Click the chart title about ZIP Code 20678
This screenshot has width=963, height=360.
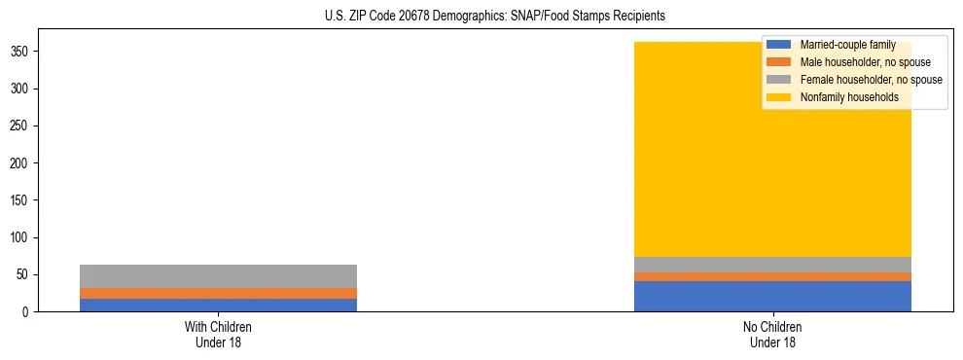tap(494, 17)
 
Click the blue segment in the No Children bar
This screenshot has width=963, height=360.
tap(772, 296)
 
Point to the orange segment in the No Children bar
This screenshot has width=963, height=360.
tap(772, 276)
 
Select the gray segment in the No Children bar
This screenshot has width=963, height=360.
tap(772, 265)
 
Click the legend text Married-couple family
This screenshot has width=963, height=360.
tap(847, 45)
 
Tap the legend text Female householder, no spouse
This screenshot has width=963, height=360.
tap(871, 80)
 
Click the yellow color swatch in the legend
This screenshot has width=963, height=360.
tap(779, 97)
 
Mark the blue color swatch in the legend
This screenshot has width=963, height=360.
tap(779, 45)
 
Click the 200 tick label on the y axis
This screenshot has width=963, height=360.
tap(24, 163)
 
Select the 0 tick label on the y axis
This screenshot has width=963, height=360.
tap(30, 311)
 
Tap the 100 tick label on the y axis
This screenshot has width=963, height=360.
tap(24, 237)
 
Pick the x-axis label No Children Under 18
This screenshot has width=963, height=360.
tap(772, 334)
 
